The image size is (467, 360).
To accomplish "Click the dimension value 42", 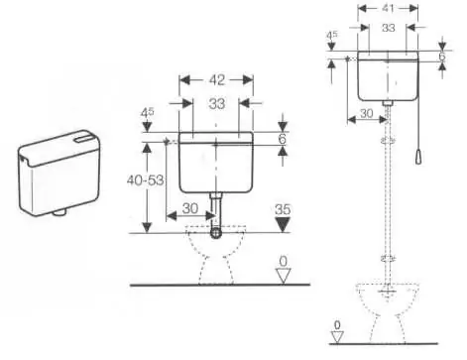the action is click(217, 80).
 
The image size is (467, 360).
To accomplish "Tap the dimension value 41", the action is click(389, 8).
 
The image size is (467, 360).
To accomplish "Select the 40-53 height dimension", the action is click(146, 180).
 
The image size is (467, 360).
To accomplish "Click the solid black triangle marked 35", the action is click(283, 224).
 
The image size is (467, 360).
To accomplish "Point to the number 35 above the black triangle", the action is click(283, 209).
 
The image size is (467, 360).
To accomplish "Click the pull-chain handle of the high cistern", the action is click(418, 157).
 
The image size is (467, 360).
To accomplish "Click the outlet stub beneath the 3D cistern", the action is click(60, 212).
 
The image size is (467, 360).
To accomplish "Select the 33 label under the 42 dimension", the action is click(217, 103).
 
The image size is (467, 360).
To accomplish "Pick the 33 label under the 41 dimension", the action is click(389, 28).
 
